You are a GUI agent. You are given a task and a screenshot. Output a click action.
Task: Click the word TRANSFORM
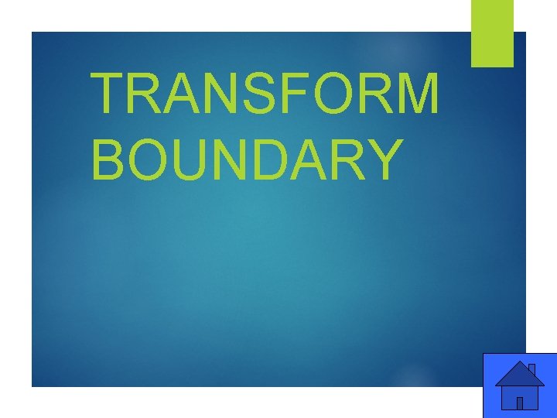[x=265, y=94]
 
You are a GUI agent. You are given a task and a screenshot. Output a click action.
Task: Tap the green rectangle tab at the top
[x=492, y=33]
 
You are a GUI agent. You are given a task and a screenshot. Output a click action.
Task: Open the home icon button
[x=519, y=385]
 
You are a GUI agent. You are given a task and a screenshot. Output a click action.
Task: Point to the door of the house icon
[x=520, y=403]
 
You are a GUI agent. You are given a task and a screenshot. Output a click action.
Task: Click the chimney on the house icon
[x=531, y=369]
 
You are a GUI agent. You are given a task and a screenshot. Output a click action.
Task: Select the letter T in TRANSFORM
[x=108, y=94]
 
